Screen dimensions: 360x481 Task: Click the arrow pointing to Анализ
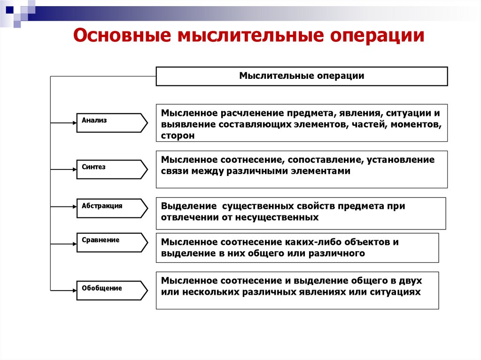pyautogui.click(x=64, y=123)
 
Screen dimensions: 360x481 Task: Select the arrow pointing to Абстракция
pyautogui.click(x=64, y=206)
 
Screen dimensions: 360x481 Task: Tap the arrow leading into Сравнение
pyautogui.click(x=64, y=244)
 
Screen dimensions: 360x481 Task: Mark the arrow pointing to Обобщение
pyautogui.click(x=64, y=291)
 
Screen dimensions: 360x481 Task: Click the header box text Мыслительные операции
pyautogui.click(x=302, y=76)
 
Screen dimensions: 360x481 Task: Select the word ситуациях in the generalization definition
pyautogui.click(x=395, y=291)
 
